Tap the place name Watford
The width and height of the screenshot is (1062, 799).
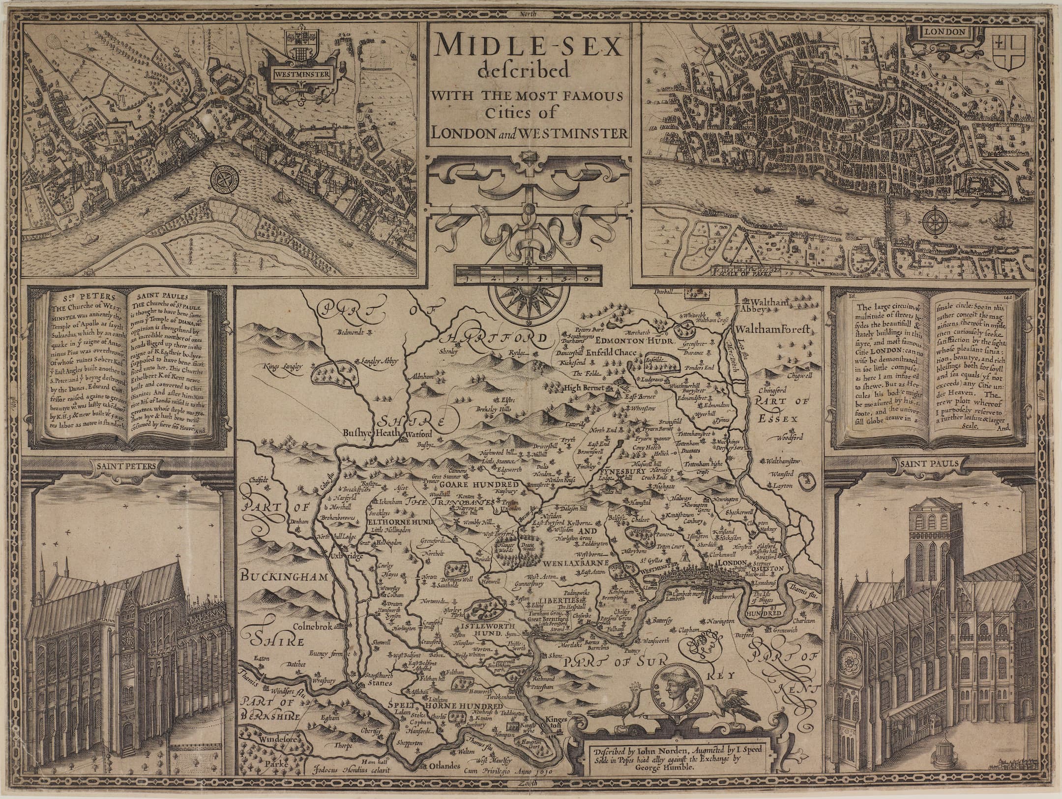pyautogui.click(x=418, y=434)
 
